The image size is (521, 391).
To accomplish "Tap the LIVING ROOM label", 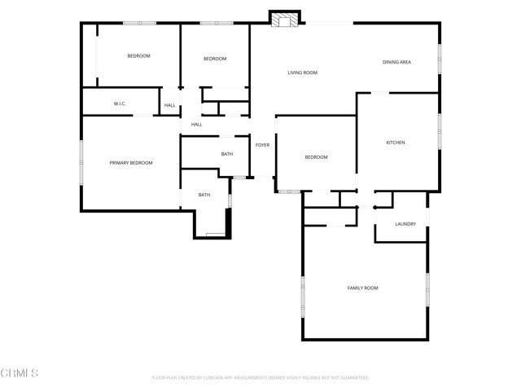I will tap(302, 73).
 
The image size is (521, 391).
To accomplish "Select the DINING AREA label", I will tap(396, 62).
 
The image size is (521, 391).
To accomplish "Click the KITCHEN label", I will tap(395, 143).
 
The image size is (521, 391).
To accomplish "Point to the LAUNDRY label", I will tap(405, 224).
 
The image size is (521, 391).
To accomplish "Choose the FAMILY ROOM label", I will tap(362, 288).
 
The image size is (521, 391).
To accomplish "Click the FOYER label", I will tap(262, 145).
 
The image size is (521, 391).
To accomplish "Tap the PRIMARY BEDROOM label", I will tap(131, 163).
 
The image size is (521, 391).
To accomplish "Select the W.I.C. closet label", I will tap(120, 103).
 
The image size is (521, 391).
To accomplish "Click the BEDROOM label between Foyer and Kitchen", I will tap(316, 157).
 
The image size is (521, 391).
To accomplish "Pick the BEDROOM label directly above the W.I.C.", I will tap(138, 55).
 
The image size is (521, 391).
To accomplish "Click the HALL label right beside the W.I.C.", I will tap(170, 105).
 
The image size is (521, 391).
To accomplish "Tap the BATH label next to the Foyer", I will tap(227, 154).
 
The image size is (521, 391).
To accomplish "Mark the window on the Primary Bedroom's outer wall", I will tap(81, 162).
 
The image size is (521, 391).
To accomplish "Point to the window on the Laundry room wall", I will tap(427, 213).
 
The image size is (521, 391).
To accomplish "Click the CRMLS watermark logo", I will tap(20, 373).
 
